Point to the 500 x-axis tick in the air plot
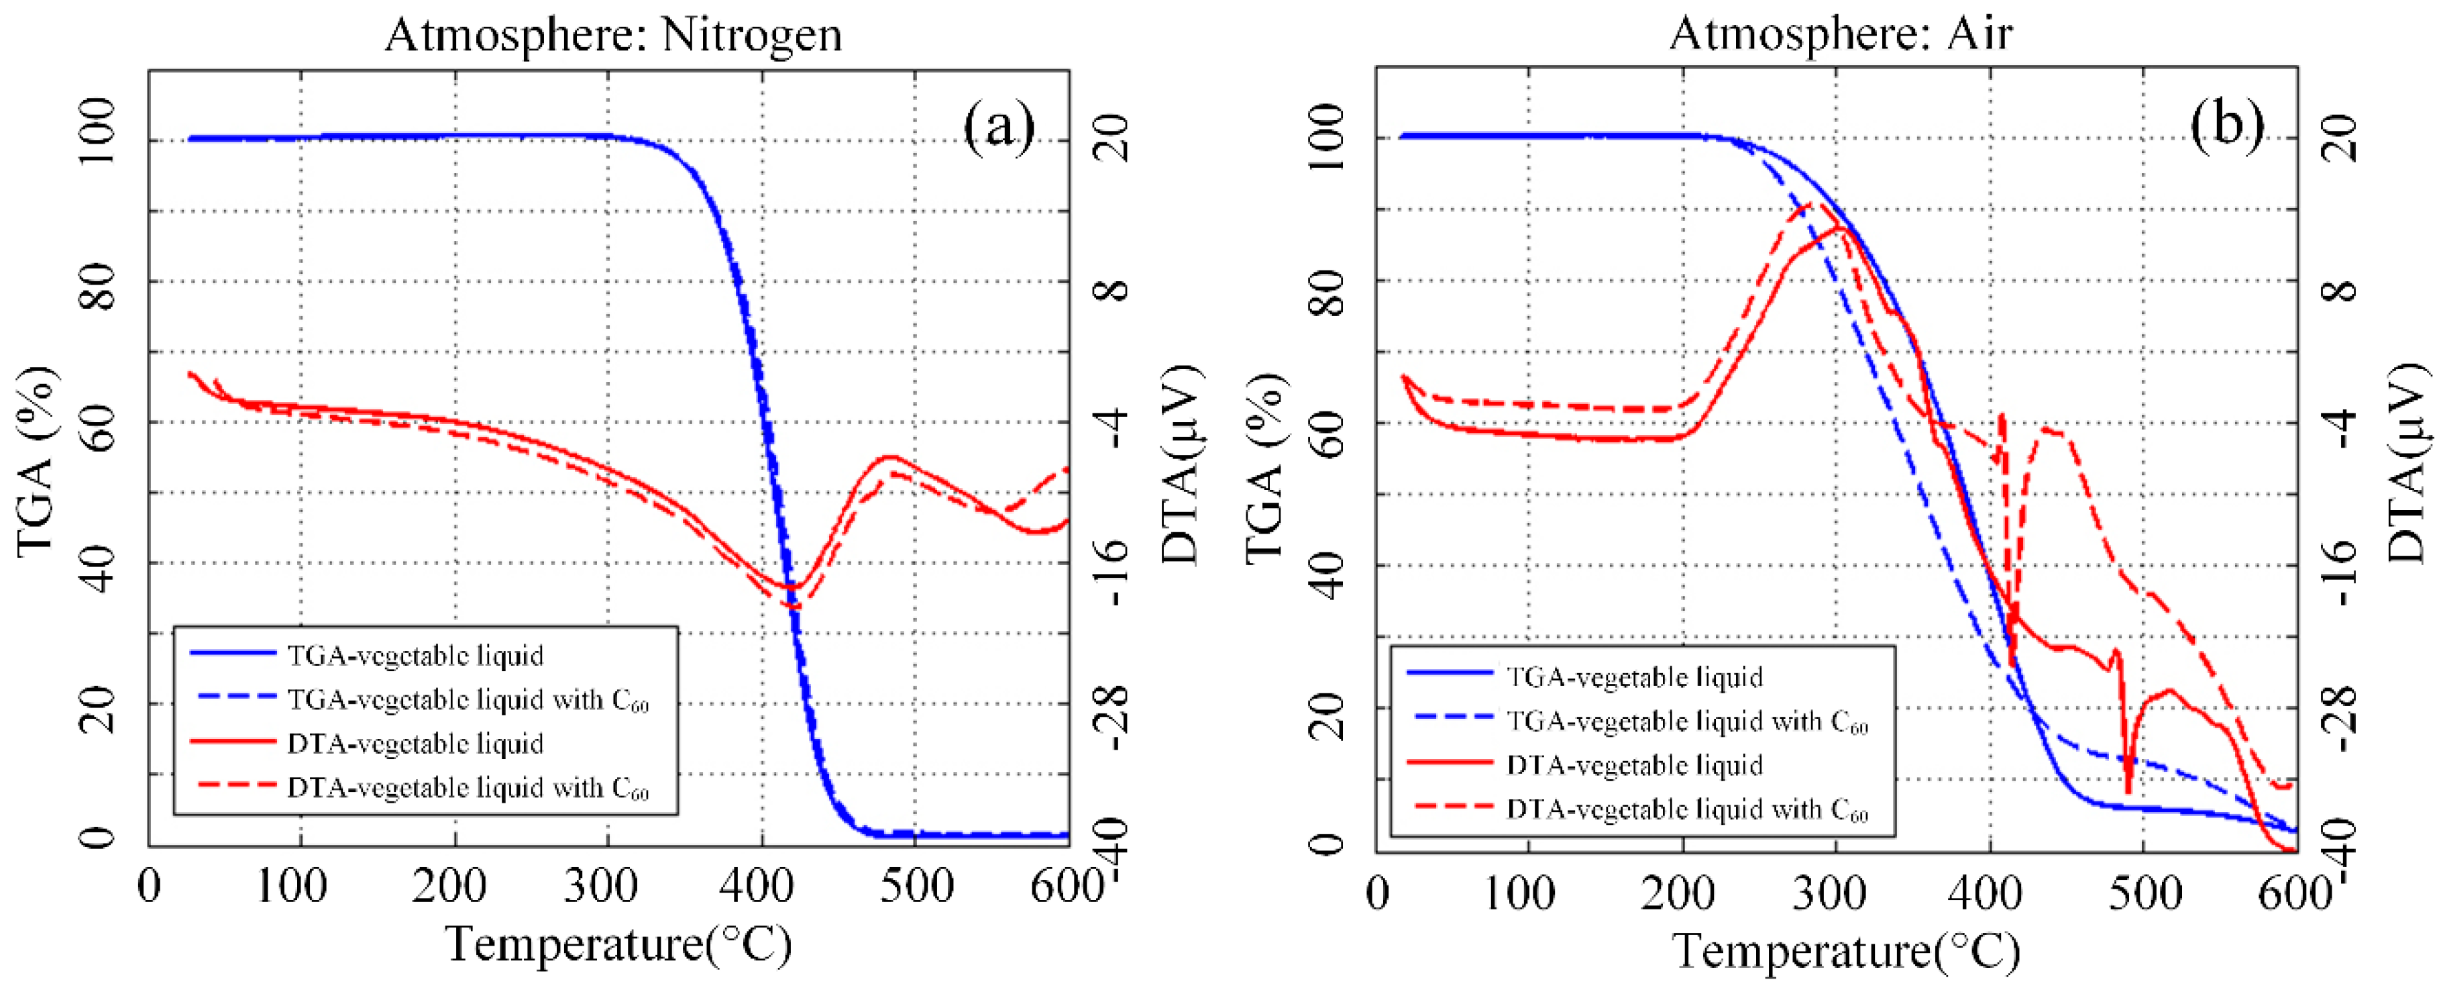(x=2146, y=893)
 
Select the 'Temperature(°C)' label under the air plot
(x=1845, y=950)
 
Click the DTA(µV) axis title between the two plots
(x=1181, y=465)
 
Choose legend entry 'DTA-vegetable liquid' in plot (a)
(x=415, y=743)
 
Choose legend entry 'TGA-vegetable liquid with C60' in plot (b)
(x=1686, y=722)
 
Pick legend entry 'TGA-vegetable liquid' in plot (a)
(x=415, y=656)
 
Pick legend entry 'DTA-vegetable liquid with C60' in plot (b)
(x=1686, y=809)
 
